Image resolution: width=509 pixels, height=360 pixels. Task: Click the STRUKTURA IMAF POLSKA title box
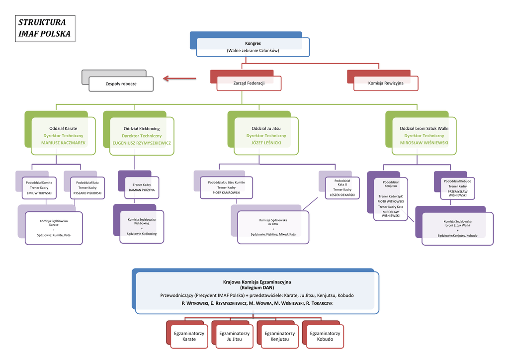coord(44,28)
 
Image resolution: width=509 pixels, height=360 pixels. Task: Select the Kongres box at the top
coord(253,47)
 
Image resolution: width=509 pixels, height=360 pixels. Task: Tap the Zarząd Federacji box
coord(249,83)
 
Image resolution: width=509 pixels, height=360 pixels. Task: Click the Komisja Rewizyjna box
coord(386,83)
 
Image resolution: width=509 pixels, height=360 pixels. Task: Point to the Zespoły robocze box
coord(121,84)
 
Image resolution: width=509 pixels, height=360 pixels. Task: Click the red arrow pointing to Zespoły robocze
coord(181,78)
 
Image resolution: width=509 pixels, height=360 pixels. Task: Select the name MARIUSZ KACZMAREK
coord(63,143)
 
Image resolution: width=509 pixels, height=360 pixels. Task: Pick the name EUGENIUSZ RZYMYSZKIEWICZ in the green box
coord(142,143)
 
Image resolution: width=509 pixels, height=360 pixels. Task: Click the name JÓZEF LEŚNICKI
coord(266,143)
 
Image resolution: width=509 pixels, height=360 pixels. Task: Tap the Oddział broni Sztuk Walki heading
coord(424,128)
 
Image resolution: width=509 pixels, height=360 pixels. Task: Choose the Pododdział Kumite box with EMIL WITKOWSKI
coord(39,187)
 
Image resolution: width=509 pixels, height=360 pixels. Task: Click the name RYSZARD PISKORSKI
coord(87,192)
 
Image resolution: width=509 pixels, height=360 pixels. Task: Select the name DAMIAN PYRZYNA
coord(142,190)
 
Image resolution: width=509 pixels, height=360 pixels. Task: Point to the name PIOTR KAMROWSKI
coord(227,192)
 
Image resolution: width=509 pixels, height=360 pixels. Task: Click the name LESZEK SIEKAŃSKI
coord(342,195)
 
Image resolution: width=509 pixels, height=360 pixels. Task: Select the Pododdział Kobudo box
coord(458,188)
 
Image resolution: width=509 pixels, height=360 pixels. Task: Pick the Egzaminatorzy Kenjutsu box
coord(279,336)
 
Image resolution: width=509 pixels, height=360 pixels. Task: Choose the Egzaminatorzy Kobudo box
coord(325,336)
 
